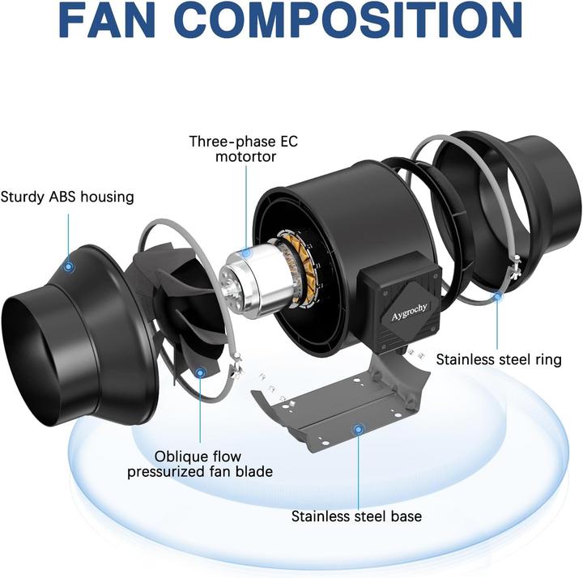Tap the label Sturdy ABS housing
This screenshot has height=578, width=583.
67,197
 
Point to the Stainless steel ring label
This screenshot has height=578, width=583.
499,359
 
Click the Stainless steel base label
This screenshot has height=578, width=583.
356,515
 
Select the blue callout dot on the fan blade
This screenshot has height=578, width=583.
200,372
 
